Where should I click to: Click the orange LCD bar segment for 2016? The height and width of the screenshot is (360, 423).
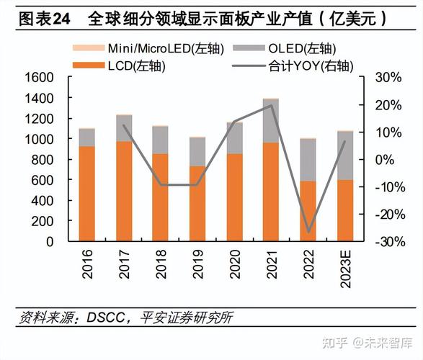87,193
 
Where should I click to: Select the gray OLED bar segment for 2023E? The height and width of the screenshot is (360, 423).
345,155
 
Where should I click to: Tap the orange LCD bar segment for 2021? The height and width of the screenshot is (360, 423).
272,192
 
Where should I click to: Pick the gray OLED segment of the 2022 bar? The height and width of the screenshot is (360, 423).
308,159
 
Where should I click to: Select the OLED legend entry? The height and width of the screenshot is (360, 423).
295,49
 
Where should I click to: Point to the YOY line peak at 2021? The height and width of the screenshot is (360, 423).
272,106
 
